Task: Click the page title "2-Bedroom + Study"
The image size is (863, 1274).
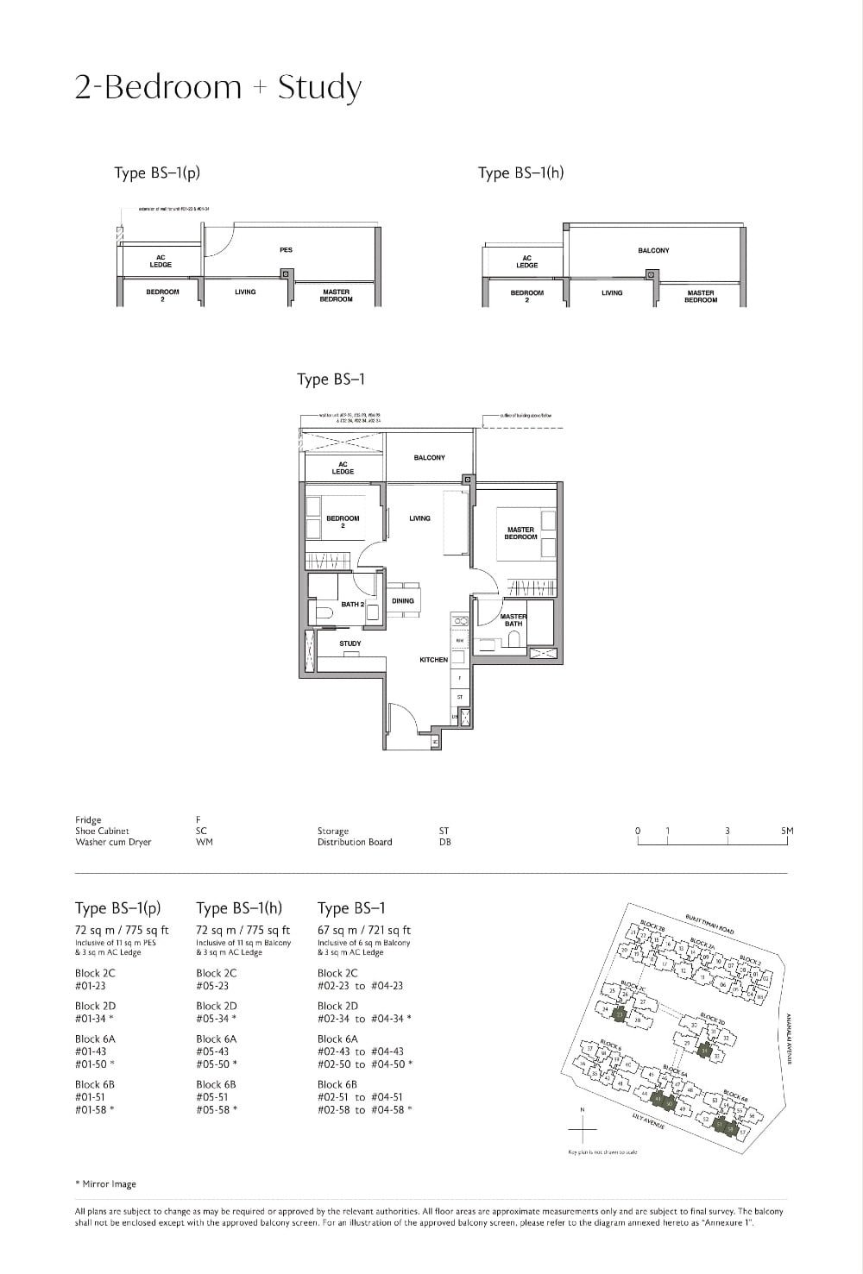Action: coord(217,87)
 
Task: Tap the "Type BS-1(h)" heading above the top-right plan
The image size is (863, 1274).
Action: coord(520,173)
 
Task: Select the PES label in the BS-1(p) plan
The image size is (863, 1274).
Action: coord(286,250)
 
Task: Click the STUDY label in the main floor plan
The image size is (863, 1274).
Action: coord(350,643)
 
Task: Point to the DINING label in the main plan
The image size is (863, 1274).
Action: coord(403,600)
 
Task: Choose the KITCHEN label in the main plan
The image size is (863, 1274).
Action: coord(433,660)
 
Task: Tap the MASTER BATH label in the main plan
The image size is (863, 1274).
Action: coord(513,619)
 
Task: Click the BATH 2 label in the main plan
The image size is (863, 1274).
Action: coord(352,605)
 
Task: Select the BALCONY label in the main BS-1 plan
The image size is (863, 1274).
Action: coord(429,457)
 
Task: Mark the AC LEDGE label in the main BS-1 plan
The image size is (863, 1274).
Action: coord(343,468)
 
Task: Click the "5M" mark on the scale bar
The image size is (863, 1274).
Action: coord(786,831)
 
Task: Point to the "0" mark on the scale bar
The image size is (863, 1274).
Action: coord(638,831)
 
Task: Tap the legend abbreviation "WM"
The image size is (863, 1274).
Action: coord(204,842)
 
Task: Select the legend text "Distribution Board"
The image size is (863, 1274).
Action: coord(354,842)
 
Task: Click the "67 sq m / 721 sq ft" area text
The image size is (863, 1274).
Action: coord(363,930)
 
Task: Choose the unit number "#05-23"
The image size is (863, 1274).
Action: coord(212,985)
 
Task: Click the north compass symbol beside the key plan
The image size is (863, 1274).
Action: coord(583,1127)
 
